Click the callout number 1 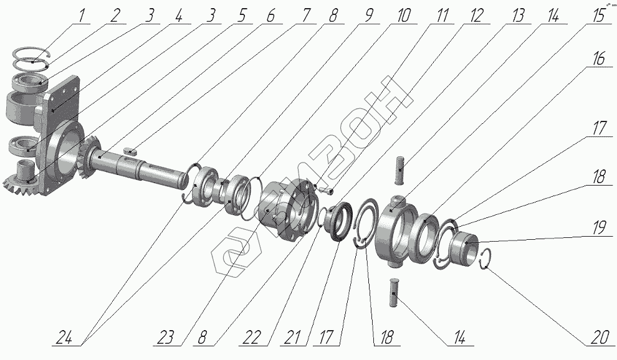[81, 16]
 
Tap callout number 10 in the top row [404, 16]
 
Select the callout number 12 [476, 16]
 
